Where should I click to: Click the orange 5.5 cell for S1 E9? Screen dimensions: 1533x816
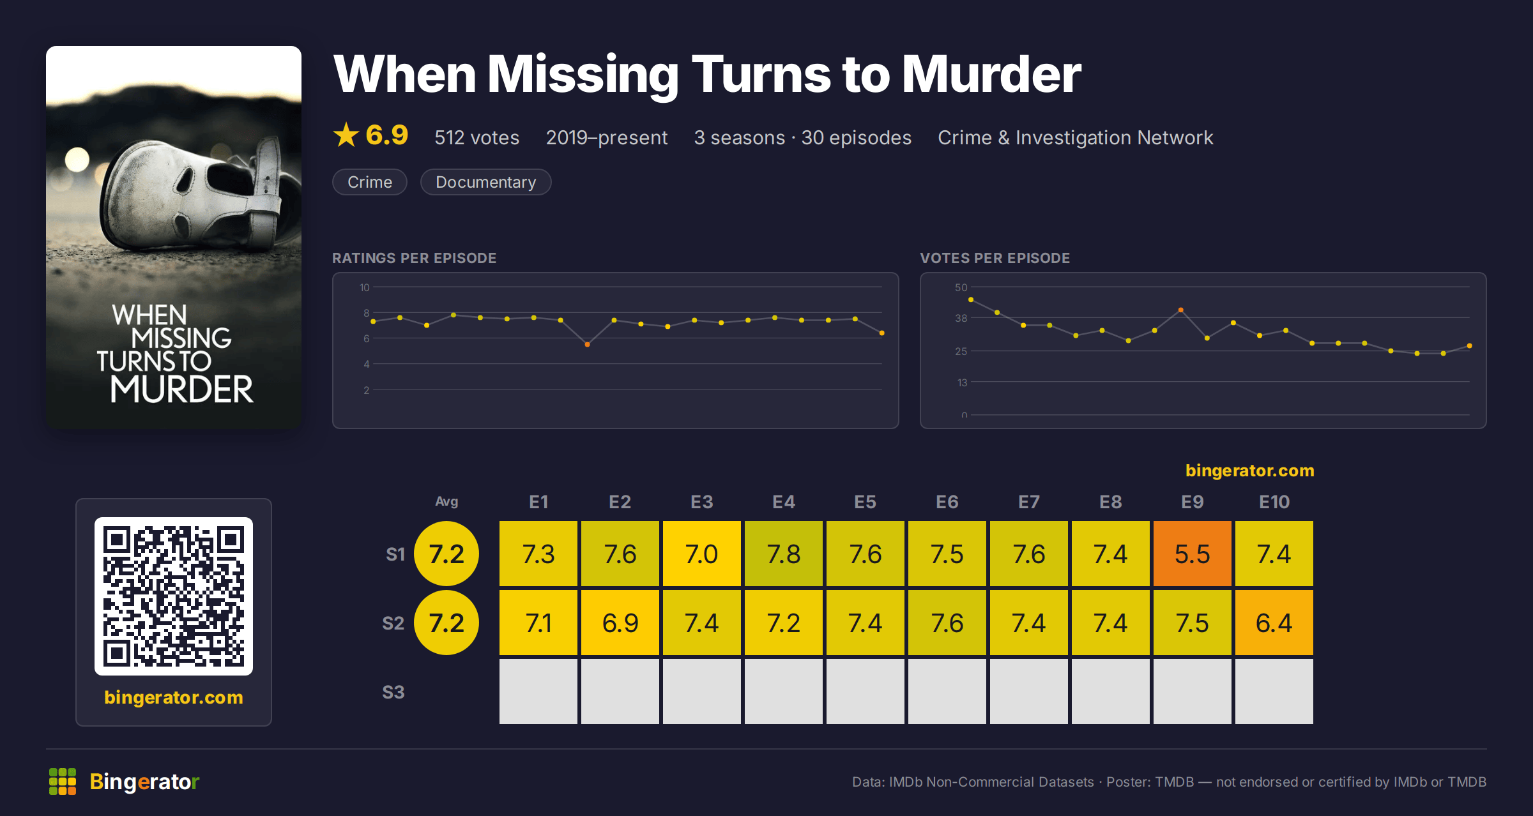point(1192,554)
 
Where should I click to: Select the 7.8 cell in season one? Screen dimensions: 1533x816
point(783,554)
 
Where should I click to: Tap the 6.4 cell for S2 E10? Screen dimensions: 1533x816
point(1274,623)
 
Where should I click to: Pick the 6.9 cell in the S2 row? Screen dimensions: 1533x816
point(620,623)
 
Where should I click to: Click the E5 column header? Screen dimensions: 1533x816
point(865,502)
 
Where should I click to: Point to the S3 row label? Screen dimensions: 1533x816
point(393,692)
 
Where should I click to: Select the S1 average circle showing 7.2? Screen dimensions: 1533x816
point(446,554)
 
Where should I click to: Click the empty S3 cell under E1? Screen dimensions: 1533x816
point(538,691)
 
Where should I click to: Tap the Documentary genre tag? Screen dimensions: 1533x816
point(485,182)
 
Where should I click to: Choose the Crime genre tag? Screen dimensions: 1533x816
point(370,182)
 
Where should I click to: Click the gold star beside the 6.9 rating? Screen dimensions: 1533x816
point(346,135)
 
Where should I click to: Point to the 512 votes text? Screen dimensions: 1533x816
point(477,138)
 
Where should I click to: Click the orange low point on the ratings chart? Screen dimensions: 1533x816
point(587,344)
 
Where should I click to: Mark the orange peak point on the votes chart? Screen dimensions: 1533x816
point(1180,310)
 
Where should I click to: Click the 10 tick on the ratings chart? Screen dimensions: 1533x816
point(364,287)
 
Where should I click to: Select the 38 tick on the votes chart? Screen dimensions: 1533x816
point(961,318)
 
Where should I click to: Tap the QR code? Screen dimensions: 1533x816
point(174,596)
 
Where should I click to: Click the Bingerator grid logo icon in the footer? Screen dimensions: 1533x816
point(63,782)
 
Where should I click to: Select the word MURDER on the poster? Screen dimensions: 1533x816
point(182,389)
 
